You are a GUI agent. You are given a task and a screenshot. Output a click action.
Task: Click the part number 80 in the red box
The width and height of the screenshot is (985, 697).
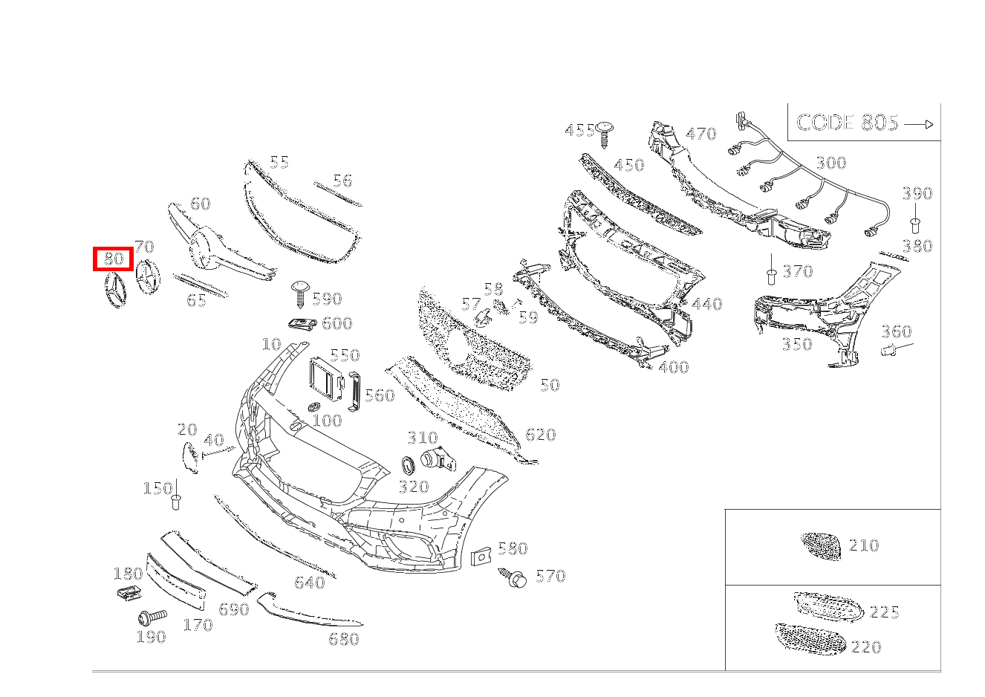click(x=113, y=259)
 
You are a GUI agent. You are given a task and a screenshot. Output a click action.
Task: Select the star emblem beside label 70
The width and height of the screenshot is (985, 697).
click(x=148, y=281)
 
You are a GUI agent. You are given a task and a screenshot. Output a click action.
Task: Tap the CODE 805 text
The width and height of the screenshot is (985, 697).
click(x=847, y=123)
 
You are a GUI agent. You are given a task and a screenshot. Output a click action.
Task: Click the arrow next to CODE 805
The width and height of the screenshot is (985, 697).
click(x=919, y=125)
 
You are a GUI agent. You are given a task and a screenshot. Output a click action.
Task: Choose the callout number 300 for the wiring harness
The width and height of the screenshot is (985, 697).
click(x=830, y=163)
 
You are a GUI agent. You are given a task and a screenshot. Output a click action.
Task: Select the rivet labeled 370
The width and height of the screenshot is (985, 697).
click(x=772, y=276)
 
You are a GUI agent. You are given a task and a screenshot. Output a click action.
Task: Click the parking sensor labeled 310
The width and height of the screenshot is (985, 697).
click(x=435, y=460)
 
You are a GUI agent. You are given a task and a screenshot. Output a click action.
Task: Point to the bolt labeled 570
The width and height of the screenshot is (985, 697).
click(x=516, y=577)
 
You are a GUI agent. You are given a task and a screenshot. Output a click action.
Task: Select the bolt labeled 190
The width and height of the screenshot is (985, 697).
click(x=152, y=617)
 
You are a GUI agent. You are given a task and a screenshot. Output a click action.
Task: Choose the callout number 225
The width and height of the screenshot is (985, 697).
click(x=884, y=612)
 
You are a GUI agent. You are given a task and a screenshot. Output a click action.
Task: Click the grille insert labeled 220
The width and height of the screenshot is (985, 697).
click(x=810, y=639)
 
